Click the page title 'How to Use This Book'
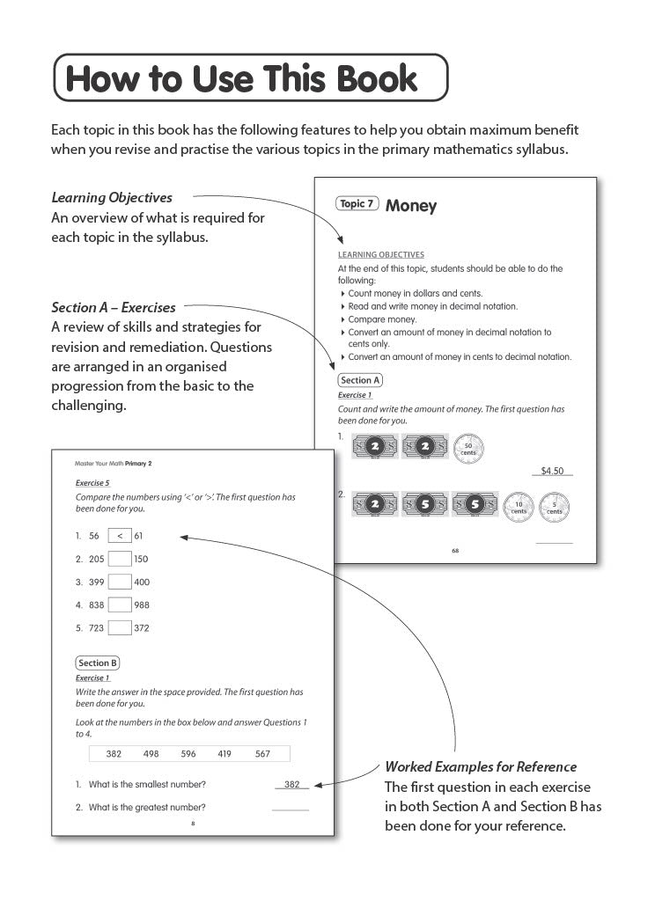(242, 78)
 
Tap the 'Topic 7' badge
(357, 204)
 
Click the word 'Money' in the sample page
(410, 206)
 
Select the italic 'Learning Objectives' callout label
(112, 198)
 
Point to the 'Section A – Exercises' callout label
(114, 308)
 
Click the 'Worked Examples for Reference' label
(481, 766)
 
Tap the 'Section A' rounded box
(360, 380)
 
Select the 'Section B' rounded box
(98, 663)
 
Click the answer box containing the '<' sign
(119, 535)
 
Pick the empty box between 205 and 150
(119, 559)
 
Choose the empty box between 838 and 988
(119, 604)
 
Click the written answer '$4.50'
(552, 471)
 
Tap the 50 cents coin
(467, 448)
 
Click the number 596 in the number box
(188, 754)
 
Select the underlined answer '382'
(291, 784)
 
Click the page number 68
(455, 551)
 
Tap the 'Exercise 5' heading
(92, 483)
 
